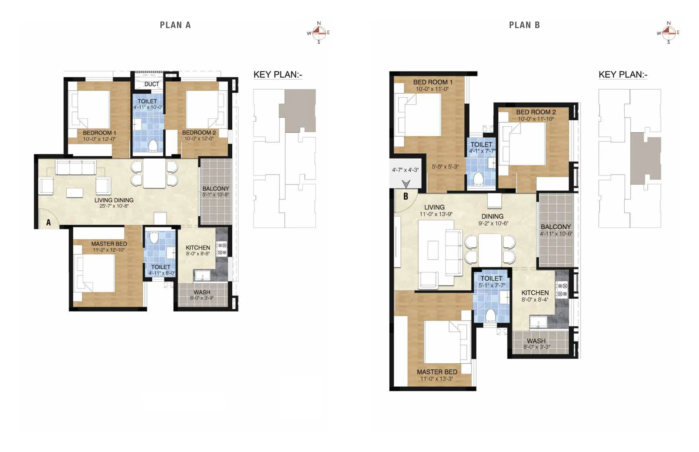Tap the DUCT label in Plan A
click(x=152, y=84)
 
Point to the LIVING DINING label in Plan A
click(x=114, y=200)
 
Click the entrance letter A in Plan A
click(x=49, y=222)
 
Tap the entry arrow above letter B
click(x=406, y=184)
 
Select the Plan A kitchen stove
click(x=222, y=249)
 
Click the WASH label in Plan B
click(x=536, y=341)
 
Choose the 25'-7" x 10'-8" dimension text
click(x=114, y=206)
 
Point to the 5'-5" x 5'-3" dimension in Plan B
click(x=445, y=167)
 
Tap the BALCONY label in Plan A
click(x=216, y=188)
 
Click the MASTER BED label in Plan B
click(x=437, y=372)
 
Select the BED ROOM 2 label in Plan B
click(x=536, y=112)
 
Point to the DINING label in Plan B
click(x=493, y=216)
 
